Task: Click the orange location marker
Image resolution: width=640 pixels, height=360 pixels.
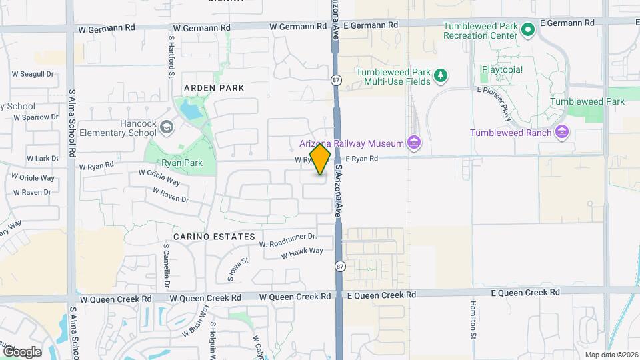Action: [x=320, y=161]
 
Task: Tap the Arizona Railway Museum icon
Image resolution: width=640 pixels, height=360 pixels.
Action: [x=414, y=143]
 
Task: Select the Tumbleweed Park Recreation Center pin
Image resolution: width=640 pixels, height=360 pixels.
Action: [x=528, y=29]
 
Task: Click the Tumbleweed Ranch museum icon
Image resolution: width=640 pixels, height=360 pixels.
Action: [x=562, y=132]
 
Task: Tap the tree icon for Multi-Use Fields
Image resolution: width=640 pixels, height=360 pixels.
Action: [x=440, y=77]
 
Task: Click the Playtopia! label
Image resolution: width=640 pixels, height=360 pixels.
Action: [x=502, y=69]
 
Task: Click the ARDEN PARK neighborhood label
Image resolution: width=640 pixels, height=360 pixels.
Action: [x=214, y=88]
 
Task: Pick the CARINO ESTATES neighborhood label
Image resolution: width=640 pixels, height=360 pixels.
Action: [x=214, y=237]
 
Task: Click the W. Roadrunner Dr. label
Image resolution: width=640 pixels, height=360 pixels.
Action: [x=287, y=239]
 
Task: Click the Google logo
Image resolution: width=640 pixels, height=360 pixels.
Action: [x=22, y=351]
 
